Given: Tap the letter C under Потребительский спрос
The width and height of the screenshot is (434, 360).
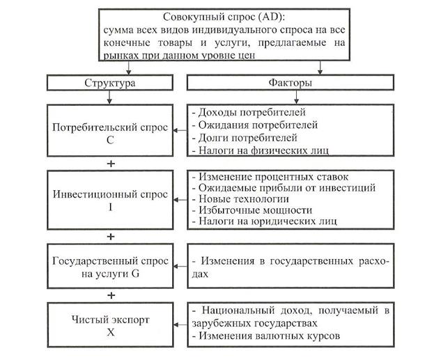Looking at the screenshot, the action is (x=110, y=140).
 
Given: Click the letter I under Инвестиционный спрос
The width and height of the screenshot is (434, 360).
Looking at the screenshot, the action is (x=111, y=207).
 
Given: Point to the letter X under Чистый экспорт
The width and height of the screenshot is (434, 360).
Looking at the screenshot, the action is (x=111, y=331).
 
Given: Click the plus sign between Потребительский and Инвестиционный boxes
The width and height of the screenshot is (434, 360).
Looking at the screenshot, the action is (x=111, y=164).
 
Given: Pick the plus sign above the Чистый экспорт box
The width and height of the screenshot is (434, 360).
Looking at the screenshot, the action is (x=111, y=295).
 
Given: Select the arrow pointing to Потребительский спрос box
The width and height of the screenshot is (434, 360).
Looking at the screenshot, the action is (x=180, y=130).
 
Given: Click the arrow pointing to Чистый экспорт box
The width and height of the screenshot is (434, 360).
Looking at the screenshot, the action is (x=180, y=324).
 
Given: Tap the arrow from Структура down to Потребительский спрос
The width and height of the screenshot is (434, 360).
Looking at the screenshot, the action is (x=109, y=97).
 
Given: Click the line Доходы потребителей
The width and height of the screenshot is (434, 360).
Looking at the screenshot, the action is (x=249, y=112).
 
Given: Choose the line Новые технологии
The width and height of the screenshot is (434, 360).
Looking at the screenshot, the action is (x=241, y=199).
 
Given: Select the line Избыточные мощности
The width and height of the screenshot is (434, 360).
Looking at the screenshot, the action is (x=252, y=210).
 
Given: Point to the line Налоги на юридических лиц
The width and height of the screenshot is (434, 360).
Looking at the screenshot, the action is (x=265, y=221).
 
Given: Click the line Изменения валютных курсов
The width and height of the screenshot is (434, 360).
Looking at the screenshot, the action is (x=266, y=336).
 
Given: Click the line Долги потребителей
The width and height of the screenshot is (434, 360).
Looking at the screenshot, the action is (x=245, y=138).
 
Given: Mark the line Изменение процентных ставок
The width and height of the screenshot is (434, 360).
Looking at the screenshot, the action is (x=270, y=177).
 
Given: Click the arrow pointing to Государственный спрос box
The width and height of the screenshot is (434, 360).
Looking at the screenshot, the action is (x=180, y=267).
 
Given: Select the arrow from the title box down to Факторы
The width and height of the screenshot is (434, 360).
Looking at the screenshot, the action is (x=320, y=68).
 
